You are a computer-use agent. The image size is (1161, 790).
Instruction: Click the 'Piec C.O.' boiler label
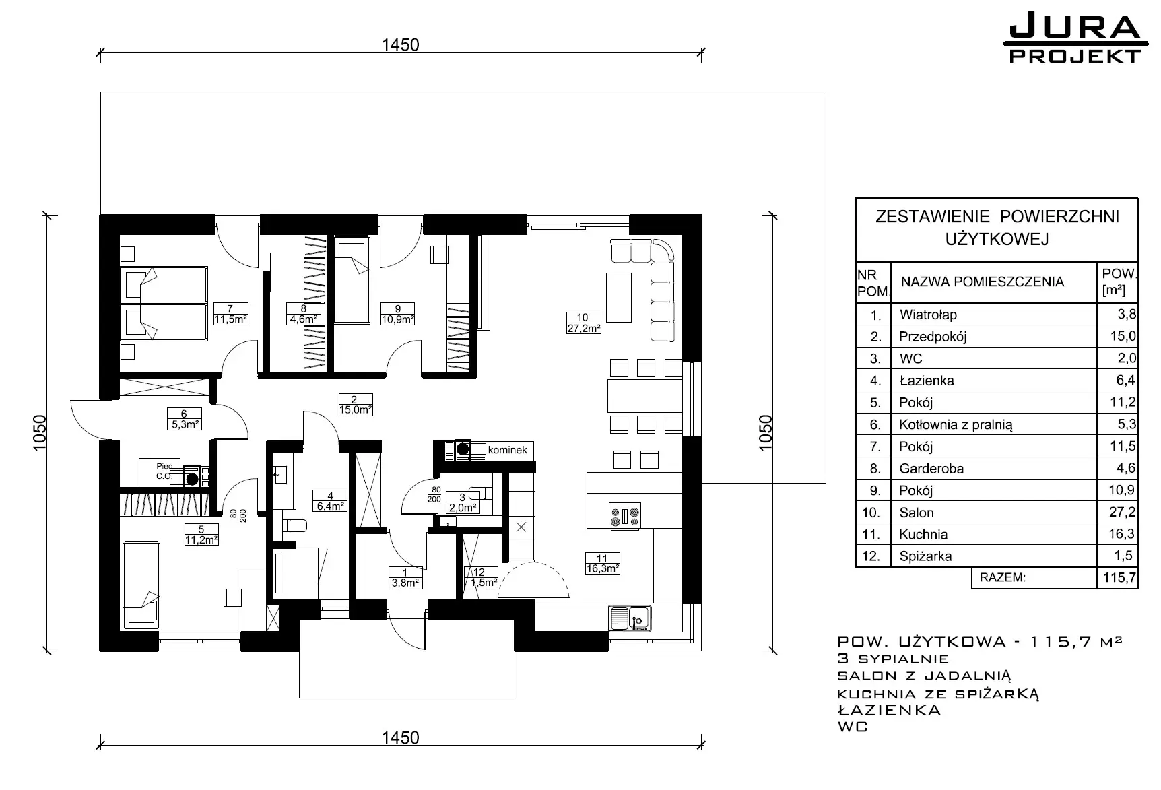[x=165, y=471]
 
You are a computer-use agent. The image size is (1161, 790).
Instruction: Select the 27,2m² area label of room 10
[x=583, y=329]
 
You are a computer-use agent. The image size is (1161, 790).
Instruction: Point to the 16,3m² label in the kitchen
[x=602, y=568]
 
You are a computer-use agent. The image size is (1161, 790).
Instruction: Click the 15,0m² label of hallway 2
[x=355, y=409]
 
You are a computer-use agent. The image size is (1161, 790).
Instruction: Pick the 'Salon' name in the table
[x=917, y=513]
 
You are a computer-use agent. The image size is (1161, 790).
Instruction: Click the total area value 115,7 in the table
[x=1119, y=577]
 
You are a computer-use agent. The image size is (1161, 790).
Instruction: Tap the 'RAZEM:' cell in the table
[x=1003, y=577]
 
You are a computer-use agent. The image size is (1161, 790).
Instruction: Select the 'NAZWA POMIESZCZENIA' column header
[x=983, y=282]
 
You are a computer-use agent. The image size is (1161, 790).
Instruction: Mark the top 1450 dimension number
[x=400, y=44]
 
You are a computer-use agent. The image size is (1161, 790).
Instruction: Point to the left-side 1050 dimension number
[x=39, y=434]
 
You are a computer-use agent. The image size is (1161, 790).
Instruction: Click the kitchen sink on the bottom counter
[x=630, y=618]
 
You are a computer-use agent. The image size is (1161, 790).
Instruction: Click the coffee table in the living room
[x=618, y=297]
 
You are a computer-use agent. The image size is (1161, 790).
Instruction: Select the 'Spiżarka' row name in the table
[x=925, y=556]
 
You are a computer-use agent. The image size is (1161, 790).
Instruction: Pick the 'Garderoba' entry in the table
[x=931, y=468]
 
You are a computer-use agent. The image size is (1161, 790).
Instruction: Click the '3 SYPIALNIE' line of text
[x=893, y=659]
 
